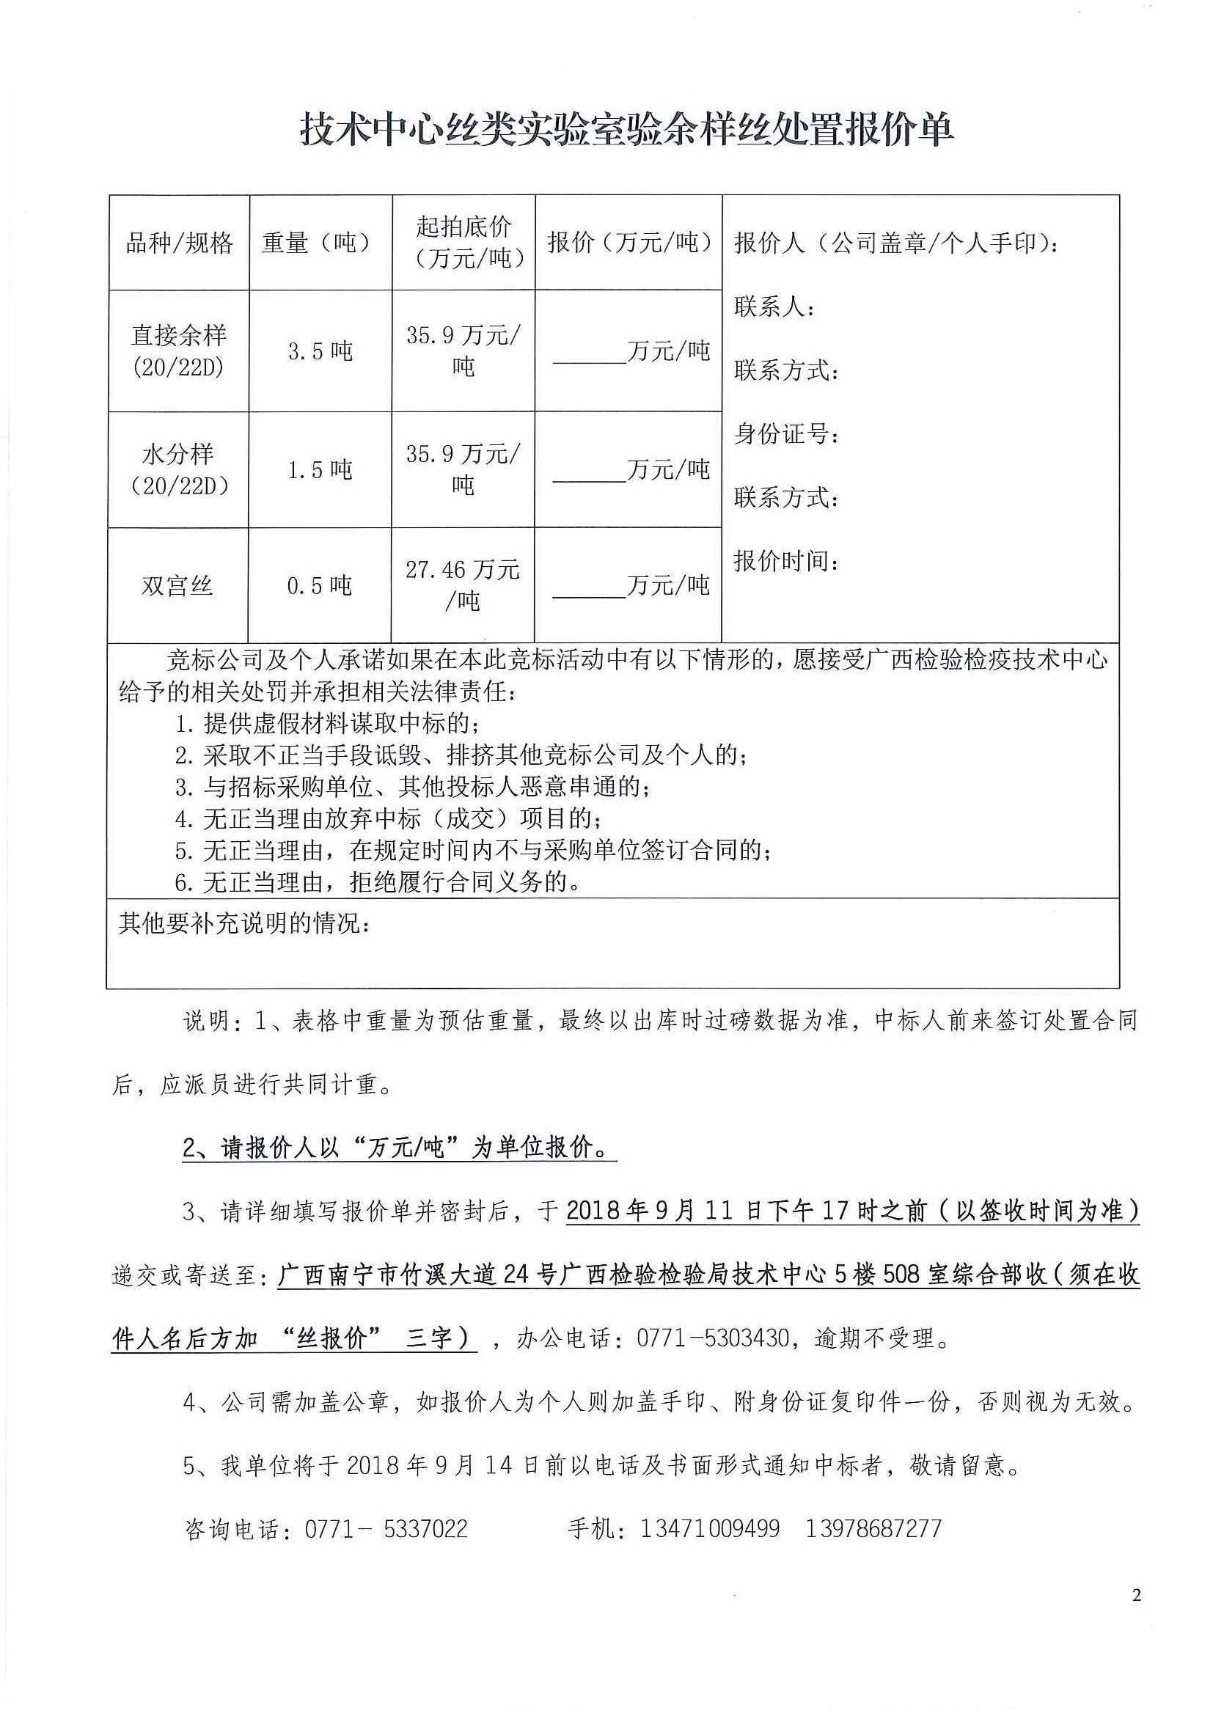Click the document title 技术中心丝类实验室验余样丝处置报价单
626,130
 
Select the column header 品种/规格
179,243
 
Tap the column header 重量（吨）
320,243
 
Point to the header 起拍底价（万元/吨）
463,241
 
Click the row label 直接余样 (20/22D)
179,351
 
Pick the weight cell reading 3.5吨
320,351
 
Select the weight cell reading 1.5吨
320,470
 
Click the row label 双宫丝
177,585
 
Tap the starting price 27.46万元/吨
463,585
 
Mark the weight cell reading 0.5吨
319,585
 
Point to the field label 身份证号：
786,433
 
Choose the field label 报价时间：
786,560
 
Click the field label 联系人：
774,307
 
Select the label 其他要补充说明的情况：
244,924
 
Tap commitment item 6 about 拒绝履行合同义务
378,883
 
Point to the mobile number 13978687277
873,1528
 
